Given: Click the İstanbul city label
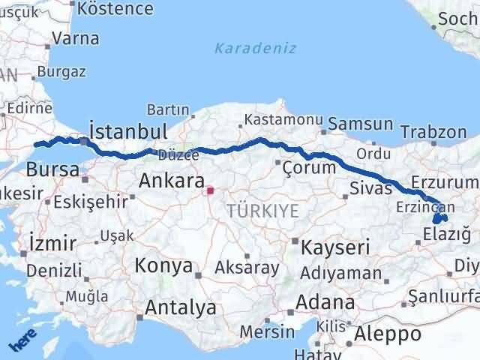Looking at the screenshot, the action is pyautogui.click(x=128, y=131).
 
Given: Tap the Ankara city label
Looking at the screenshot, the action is pyautogui.click(x=172, y=181).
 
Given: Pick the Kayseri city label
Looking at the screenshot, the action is pyautogui.click(x=336, y=247).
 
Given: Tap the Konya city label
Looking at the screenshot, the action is pyautogui.click(x=163, y=265).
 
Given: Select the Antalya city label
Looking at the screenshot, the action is pyautogui.click(x=180, y=307).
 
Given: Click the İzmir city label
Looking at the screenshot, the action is pyautogui.click(x=52, y=243).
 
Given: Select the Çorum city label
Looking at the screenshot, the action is pyautogui.click(x=309, y=166).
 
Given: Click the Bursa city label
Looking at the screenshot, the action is pyautogui.click(x=52, y=169).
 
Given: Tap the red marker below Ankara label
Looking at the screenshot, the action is pyautogui.click(x=211, y=190).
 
